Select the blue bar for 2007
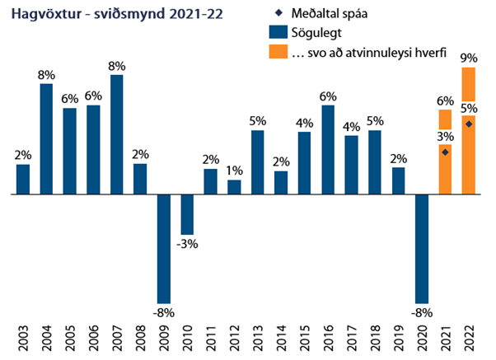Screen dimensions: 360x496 [x=117, y=134]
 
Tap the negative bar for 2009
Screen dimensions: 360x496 [x=164, y=248]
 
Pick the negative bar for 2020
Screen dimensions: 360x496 [x=423, y=248]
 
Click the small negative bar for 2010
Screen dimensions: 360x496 [x=187, y=214]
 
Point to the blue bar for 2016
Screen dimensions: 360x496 [x=328, y=149]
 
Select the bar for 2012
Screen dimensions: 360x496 [x=234, y=187]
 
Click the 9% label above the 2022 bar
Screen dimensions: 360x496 [x=469, y=58]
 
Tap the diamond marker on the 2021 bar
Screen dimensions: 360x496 [x=446, y=152]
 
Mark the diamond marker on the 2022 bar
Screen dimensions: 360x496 [x=469, y=124]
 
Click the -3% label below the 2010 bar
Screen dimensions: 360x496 [x=187, y=244]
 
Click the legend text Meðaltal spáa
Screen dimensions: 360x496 [x=330, y=15]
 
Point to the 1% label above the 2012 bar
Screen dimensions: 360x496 [x=234, y=171]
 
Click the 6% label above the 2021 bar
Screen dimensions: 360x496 [x=446, y=101]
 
